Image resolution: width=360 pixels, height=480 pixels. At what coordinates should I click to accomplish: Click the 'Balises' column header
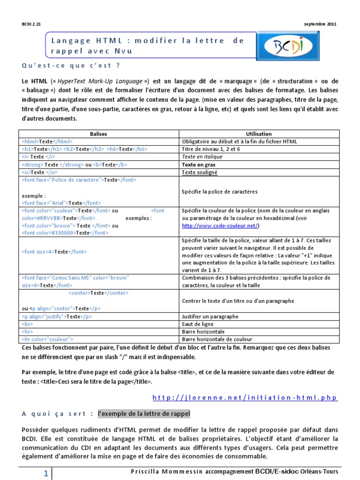98,134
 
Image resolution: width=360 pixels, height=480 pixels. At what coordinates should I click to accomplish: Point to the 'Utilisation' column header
258,134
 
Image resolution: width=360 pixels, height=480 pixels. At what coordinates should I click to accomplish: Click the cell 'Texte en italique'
202,157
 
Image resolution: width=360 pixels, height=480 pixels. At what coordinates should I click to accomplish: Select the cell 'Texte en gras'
199,165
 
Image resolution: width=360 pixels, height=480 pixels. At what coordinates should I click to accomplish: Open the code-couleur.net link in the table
220,225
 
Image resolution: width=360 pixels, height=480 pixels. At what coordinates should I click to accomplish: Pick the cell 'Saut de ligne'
197,324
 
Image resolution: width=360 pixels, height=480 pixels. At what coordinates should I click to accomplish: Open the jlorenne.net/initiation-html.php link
245,397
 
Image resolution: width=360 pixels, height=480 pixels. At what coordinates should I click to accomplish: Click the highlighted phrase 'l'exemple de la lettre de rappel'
143,414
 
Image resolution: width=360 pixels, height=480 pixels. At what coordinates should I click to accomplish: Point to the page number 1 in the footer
46,474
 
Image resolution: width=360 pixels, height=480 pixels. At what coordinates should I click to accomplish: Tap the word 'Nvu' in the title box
124,51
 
